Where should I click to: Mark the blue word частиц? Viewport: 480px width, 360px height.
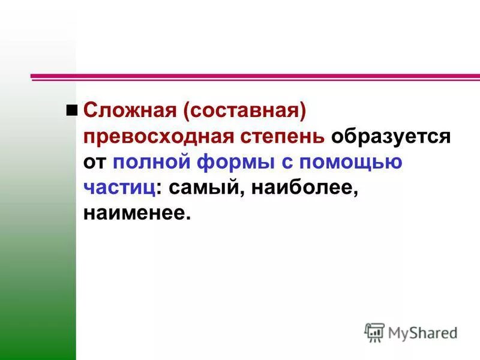click(x=119, y=188)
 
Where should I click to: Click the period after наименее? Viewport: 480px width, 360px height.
click(x=187, y=218)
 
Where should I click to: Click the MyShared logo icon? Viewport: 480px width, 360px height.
click(x=374, y=332)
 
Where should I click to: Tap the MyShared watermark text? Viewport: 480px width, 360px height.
click(x=422, y=332)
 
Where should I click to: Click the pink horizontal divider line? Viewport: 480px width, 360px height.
click(x=255, y=77)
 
